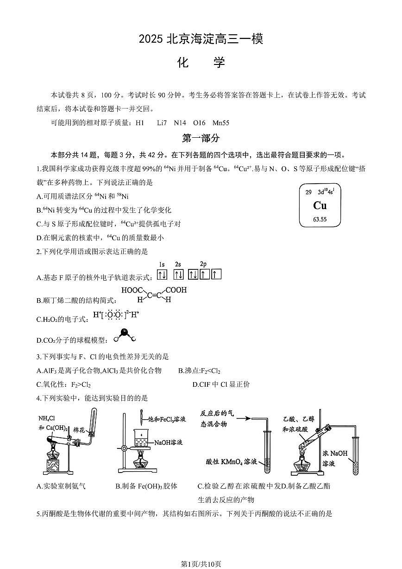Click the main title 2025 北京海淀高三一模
click(201, 40)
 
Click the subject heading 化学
click(201, 63)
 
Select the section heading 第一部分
click(201, 138)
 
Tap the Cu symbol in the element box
click(320, 205)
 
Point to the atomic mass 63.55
click(320, 219)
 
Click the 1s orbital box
click(162, 275)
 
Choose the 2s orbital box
click(178, 275)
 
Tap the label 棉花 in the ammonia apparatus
click(79, 430)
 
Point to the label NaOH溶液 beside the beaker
click(168, 442)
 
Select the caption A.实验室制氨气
click(61, 486)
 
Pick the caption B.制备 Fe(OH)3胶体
click(146, 486)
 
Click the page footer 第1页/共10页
click(201, 563)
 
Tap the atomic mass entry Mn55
click(221, 123)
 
